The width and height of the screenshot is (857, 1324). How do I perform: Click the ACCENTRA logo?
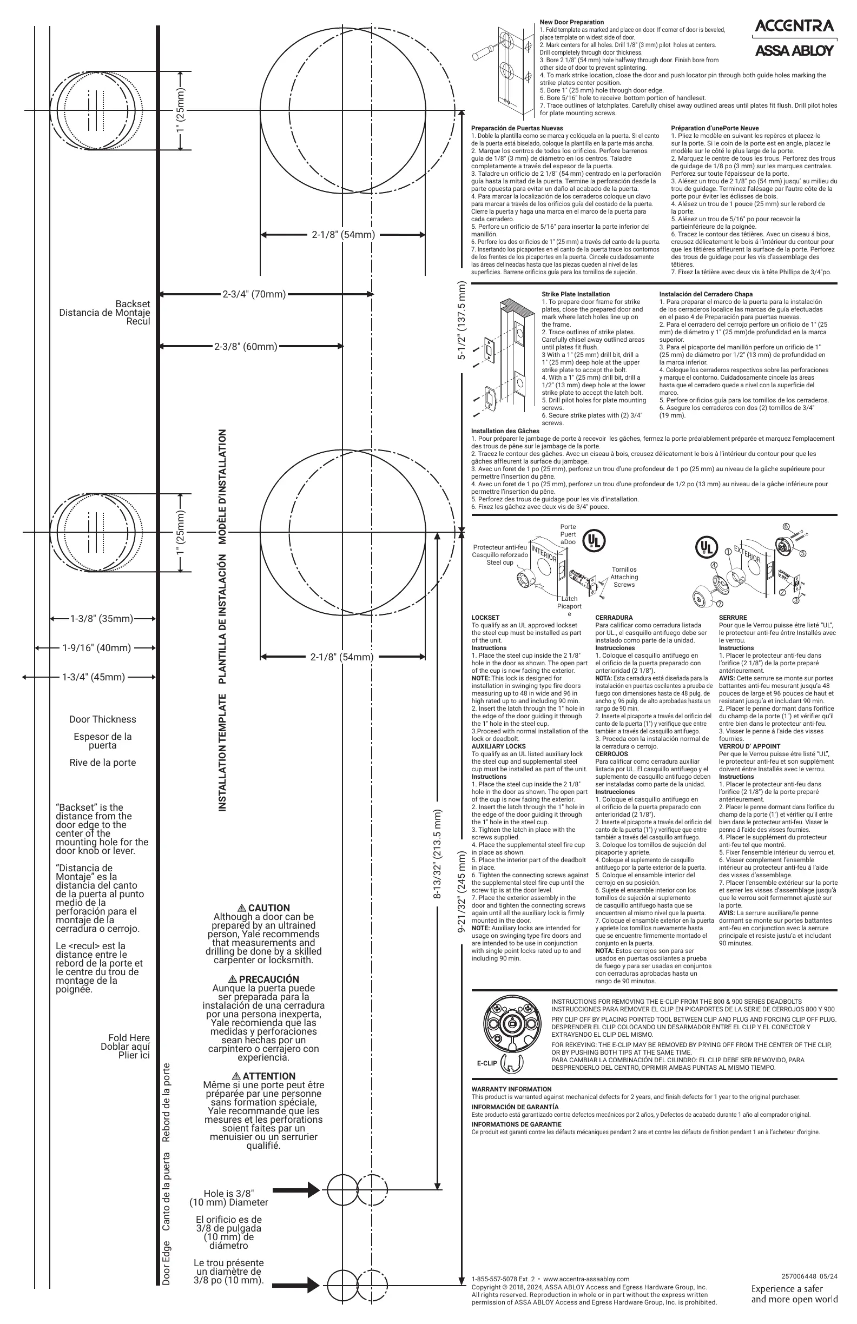coord(794,26)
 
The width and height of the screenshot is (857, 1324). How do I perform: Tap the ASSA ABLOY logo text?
coord(794,51)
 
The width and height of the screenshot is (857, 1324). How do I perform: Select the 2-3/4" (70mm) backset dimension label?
coord(254,294)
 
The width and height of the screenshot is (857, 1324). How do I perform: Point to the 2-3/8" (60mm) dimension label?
coord(246,347)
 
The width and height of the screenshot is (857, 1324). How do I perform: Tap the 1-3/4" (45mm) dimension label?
coord(94,677)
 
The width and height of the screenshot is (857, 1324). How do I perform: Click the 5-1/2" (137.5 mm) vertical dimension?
coord(462,320)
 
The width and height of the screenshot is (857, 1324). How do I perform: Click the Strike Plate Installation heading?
coord(576,294)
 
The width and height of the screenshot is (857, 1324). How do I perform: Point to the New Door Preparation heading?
coord(571,22)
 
